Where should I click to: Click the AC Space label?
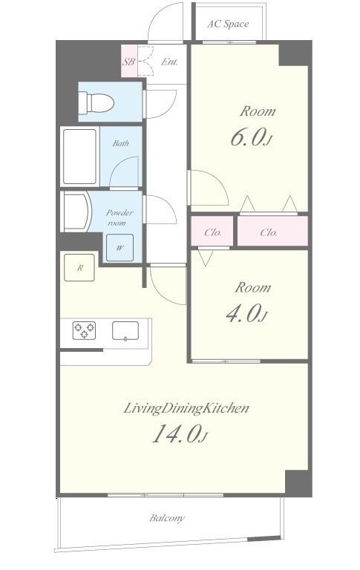pos(227,24)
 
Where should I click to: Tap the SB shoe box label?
pos(128,62)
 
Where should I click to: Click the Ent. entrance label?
pos(168,62)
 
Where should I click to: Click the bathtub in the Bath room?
pos(79,157)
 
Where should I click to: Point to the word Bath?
pos(120,143)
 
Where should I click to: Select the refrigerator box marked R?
pos(79,268)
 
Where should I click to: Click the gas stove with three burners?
pos(85,330)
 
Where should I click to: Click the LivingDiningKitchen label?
pos(186,407)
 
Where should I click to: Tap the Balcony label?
pos(167,518)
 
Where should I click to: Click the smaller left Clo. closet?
pos(213,232)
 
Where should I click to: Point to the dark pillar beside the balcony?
pos(298,483)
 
